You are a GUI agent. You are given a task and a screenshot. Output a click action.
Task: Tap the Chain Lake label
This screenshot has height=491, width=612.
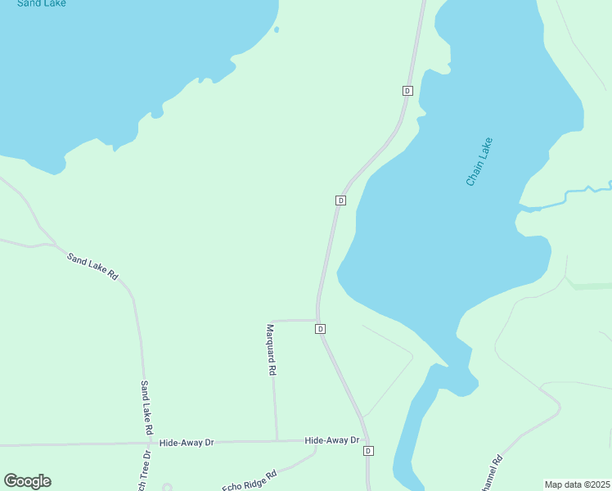479,161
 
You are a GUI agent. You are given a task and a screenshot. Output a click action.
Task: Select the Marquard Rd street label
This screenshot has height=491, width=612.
271,349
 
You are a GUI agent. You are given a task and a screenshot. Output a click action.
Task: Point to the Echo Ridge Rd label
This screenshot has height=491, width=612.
250,480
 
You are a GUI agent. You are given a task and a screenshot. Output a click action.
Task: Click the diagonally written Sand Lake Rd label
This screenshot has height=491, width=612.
92,267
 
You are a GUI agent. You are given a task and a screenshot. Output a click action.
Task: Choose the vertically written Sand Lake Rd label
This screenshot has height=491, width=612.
146,407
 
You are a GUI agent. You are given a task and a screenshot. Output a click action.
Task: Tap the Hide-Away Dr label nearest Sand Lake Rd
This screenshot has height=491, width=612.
187,443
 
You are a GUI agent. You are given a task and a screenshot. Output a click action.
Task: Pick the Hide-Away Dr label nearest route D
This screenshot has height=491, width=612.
331,440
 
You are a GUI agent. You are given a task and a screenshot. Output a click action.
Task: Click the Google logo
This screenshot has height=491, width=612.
27,481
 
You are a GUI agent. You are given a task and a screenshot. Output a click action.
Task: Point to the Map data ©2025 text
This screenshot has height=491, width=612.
577,484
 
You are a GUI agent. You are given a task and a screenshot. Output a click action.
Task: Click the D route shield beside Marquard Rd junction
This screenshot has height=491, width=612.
321,329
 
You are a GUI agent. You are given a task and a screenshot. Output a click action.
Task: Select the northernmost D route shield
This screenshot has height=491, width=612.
407,90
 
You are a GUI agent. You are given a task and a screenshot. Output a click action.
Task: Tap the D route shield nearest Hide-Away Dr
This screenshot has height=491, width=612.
368,451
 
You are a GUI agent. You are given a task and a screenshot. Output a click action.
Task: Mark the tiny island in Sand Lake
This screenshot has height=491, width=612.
277,30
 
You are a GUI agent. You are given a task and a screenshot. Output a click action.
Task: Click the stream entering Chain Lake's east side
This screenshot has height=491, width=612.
573,194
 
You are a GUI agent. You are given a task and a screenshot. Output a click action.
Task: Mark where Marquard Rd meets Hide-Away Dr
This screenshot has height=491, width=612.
277,441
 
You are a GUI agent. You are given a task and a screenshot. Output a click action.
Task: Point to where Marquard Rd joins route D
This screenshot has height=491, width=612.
317,320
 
